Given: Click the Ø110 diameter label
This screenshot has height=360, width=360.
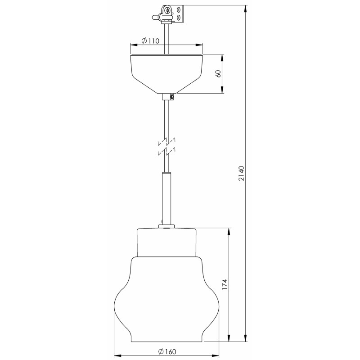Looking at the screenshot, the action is [x=150, y=41].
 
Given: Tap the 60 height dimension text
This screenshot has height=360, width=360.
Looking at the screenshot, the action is [x=218, y=73].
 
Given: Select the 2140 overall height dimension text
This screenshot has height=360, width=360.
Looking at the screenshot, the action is [x=241, y=173].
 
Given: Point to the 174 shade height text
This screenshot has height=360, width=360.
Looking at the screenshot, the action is [x=225, y=284].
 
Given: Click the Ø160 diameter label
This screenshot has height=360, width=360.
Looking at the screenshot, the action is [x=167, y=351].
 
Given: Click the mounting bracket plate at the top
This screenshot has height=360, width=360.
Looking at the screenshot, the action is [x=179, y=14].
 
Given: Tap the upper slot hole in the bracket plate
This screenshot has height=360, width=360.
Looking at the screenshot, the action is [x=179, y=10].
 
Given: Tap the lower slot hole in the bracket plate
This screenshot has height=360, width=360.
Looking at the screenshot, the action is [x=179, y=17].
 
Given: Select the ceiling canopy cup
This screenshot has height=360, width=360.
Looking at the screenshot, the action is [x=166, y=74].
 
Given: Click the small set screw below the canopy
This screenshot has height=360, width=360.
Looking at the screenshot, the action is [x=172, y=97].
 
